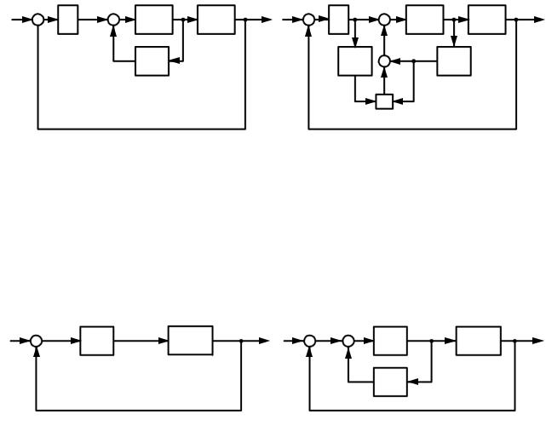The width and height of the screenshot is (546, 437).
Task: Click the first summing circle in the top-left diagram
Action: (37, 20)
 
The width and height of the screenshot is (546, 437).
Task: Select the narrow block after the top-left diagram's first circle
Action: (68, 20)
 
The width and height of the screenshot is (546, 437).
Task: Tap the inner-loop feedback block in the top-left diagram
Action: (152, 61)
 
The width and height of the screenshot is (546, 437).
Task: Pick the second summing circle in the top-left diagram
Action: (113, 20)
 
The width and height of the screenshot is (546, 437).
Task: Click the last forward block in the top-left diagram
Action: (216, 20)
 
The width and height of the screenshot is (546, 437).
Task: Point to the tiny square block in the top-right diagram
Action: (384, 102)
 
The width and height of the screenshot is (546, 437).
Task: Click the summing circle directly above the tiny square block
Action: (384, 61)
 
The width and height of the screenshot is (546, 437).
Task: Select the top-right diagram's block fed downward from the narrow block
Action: (354, 61)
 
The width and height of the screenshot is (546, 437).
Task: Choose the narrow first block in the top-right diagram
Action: (338, 20)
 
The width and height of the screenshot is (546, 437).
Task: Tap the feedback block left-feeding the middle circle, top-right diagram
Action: (454, 61)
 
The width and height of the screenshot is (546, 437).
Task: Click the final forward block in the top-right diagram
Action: (486, 20)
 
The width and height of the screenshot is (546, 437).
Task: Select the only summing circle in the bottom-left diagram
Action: (36, 341)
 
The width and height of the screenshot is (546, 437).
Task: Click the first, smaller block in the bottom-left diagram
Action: (97, 341)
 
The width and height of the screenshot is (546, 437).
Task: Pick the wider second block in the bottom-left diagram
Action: (191, 341)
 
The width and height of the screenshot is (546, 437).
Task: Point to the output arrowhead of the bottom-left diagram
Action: (266, 341)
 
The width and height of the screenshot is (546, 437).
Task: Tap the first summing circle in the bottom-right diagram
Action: (309, 341)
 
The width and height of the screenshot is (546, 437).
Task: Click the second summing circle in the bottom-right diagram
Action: (348, 341)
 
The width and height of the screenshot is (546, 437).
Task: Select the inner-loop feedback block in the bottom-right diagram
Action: (390, 382)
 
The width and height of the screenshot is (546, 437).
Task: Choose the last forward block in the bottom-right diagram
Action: (478, 341)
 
